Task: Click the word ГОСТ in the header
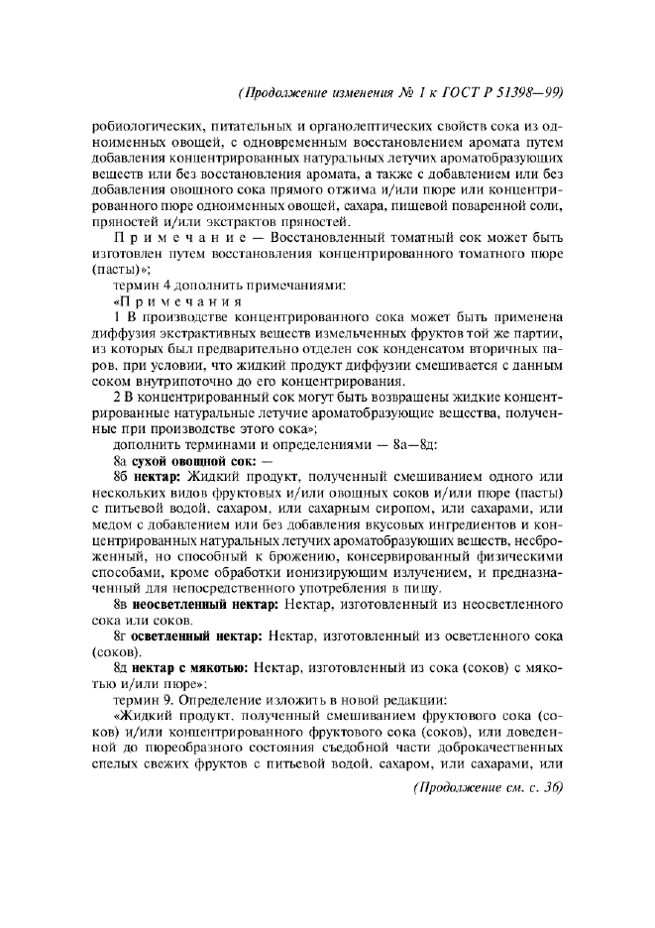click(473, 93)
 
